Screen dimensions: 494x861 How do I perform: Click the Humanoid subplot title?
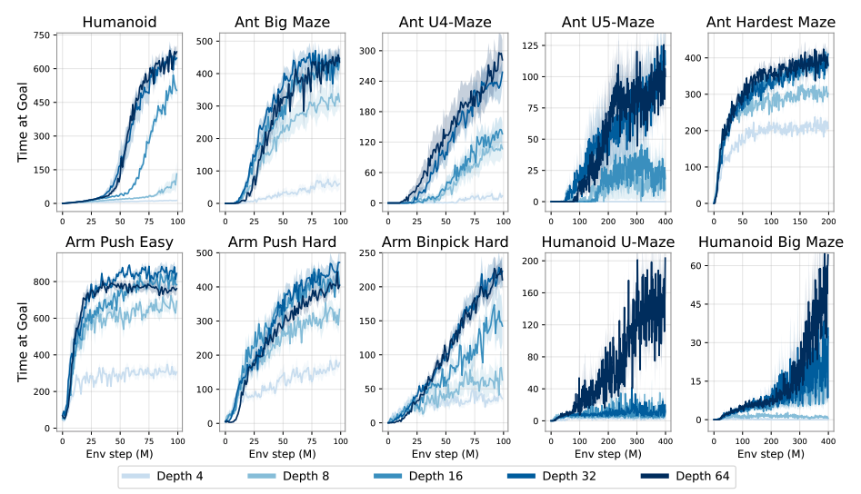pyautogui.click(x=119, y=23)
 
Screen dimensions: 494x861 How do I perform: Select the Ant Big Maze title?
pyautogui.click(x=281, y=23)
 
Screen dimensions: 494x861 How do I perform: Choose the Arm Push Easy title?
pyautogui.click(x=119, y=242)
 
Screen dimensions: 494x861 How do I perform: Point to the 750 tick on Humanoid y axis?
pyautogui.click(x=41, y=35)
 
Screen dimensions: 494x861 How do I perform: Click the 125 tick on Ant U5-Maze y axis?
pyautogui.click(x=527, y=44)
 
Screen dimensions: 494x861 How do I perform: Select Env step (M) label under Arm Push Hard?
pyautogui.click(x=281, y=453)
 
